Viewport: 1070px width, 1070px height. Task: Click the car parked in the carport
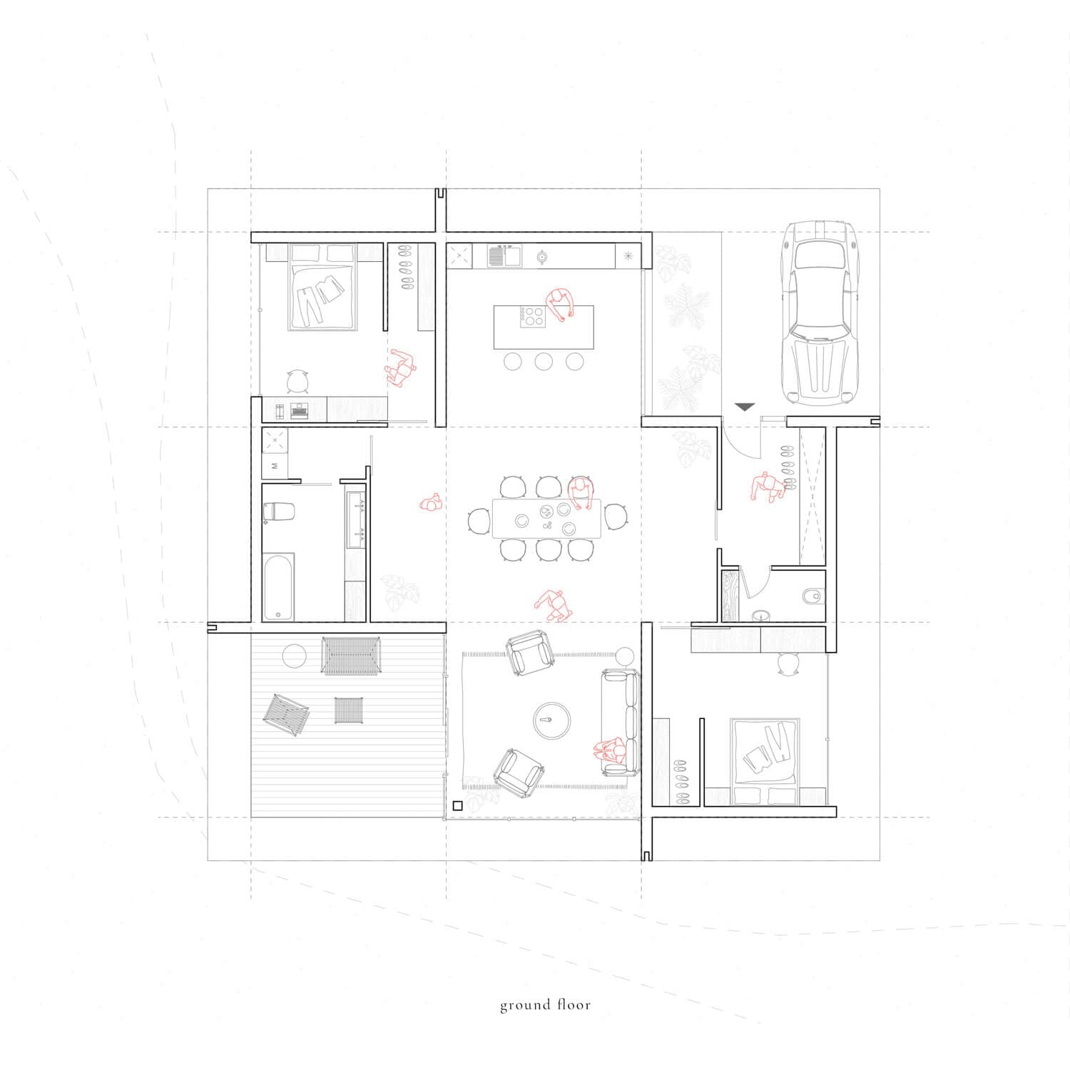[819, 312]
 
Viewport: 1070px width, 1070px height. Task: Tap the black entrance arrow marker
[745, 407]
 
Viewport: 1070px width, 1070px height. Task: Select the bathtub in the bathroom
[278, 586]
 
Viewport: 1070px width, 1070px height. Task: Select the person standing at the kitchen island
[561, 306]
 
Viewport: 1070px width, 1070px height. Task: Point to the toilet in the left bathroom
[280, 512]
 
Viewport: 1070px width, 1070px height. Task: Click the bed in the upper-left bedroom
[323, 287]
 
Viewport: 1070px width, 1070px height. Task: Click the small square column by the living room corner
[457, 805]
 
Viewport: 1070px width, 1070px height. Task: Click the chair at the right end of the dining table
[613, 519]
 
